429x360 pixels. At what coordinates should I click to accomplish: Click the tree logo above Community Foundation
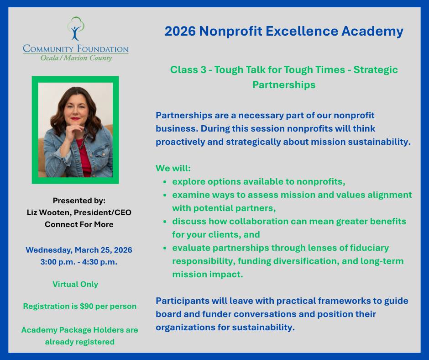(76, 28)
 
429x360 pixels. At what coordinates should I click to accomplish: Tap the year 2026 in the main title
(180, 31)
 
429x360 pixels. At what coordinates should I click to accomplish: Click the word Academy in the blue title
(372, 31)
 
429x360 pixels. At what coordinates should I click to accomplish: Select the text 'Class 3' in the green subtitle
(188, 69)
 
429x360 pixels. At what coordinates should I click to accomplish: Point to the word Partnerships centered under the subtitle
(284, 85)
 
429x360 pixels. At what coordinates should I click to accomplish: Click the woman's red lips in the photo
(75, 119)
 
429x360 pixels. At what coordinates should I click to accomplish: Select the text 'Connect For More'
(79, 224)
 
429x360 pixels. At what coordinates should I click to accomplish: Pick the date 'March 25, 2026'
(104, 250)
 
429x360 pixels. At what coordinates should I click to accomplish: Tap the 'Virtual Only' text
(75, 284)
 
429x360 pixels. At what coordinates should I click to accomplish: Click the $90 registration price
(86, 306)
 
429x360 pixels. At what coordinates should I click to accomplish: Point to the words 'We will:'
(173, 168)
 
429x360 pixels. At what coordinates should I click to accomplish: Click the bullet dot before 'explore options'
(165, 182)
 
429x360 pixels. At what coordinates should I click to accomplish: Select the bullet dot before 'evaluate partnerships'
(165, 248)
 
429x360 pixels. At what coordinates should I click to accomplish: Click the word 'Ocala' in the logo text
(50, 58)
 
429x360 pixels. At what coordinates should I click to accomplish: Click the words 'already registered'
(80, 342)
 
